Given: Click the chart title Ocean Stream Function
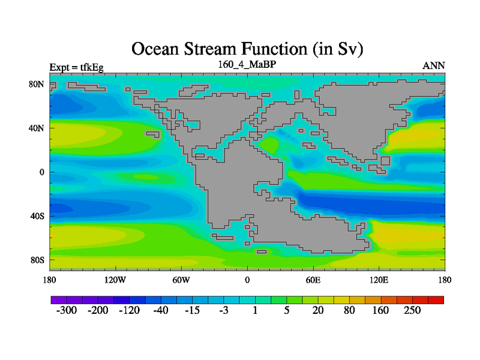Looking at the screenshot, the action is [x=219, y=49].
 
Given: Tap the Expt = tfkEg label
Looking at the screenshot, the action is [x=77, y=67].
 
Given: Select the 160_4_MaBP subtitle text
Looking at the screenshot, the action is [x=247, y=65].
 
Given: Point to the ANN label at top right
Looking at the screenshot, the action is [x=433, y=66].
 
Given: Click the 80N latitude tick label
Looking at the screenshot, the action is [x=37, y=84].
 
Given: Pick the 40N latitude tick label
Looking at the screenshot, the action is [x=37, y=128].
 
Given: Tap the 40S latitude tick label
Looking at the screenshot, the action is [x=37, y=216].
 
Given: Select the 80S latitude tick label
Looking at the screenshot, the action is [x=37, y=260].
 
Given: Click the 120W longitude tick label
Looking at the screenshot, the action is [x=115, y=280].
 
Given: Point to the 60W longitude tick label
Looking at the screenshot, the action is [x=181, y=280].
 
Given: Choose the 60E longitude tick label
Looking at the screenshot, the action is [x=313, y=280].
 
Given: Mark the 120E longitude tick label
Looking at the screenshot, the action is [x=379, y=280].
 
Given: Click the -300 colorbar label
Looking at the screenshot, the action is [x=67, y=310].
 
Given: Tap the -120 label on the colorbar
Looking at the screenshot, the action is [x=129, y=310].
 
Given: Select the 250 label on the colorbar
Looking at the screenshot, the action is [x=412, y=310].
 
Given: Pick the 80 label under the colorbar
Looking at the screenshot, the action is [x=349, y=310].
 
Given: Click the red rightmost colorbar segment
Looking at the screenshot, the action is [x=436, y=300].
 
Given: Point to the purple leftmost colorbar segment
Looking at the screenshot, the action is [x=59, y=300].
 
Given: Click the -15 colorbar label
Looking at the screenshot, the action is [x=192, y=310].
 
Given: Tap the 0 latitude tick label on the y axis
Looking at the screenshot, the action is [x=41, y=172].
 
